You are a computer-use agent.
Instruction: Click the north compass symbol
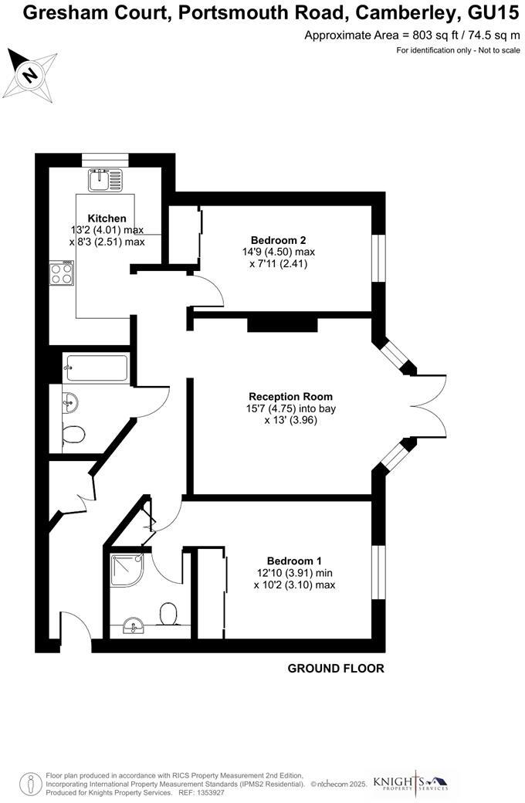click(30, 73)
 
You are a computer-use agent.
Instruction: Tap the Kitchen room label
click(107, 219)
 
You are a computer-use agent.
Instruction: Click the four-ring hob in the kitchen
click(62, 273)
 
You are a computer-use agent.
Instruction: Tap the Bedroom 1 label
click(294, 561)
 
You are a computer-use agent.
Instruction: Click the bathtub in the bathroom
click(96, 369)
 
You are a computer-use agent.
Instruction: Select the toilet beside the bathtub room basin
click(74, 435)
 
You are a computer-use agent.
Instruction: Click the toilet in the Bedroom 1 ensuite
click(169, 615)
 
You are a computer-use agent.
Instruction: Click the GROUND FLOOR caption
click(336, 669)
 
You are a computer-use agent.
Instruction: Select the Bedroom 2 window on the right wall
click(378, 259)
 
